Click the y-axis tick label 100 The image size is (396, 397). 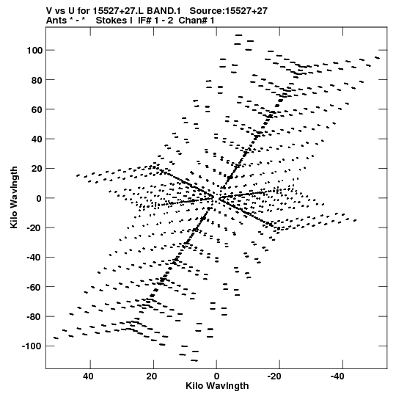click(x=34, y=51)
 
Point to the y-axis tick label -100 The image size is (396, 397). click(x=32, y=346)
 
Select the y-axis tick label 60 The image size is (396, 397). click(x=37, y=109)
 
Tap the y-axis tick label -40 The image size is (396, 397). click(x=34, y=258)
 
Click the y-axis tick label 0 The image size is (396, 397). click(x=39, y=198)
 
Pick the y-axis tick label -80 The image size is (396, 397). click(x=34, y=317)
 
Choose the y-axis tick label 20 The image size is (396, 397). click(x=37, y=169)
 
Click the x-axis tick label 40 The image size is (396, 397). click(x=88, y=376)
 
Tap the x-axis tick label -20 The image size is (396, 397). click(x=274, y=376)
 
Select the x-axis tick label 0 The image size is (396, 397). click(x=216, y=376)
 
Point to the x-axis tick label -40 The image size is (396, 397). click(x=337, y=376)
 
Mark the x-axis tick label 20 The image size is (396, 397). click(x=151, y=376)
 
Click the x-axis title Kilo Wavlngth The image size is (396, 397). click(x=217, y=386)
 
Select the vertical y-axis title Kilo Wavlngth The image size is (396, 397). click(x=14, y=197)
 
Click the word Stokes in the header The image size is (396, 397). click(x=111, y=21)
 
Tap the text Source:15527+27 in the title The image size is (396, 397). click(x=229, y=11)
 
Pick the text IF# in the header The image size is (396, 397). click(x=144, y=21)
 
